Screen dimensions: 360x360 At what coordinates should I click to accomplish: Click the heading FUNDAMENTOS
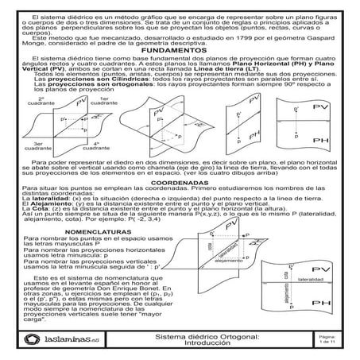(179, 49)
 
